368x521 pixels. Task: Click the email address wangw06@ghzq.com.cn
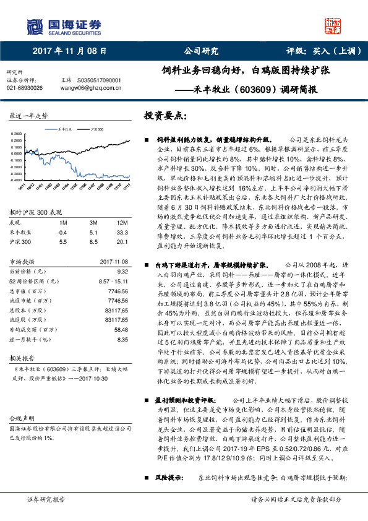click(89, 88)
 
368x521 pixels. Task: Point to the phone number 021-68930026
click(25, 88)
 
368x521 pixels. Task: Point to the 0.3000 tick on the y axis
click(19, 134)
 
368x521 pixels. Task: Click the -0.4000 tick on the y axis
click(19, 174)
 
